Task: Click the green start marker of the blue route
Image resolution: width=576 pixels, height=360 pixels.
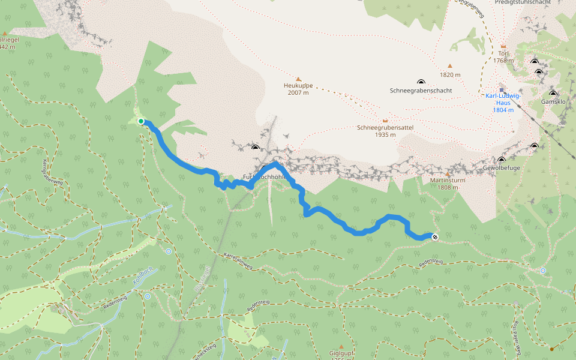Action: point(141,121)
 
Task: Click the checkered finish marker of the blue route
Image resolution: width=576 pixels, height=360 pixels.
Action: point(434,237)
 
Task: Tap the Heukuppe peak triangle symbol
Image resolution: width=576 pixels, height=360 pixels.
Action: point(298,79)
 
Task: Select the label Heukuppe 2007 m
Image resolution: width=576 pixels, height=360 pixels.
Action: point(298,89)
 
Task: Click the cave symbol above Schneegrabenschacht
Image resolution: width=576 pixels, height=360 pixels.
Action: point(420,82)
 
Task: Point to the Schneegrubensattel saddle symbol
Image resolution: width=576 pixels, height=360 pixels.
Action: point(385,121)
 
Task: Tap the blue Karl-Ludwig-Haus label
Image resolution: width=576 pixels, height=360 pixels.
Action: point(503,103)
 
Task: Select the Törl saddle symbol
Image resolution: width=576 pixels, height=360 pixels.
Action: point(503,47)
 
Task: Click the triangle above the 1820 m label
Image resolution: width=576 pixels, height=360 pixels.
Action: point(449,67)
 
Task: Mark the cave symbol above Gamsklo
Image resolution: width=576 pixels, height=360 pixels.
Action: point(553,94)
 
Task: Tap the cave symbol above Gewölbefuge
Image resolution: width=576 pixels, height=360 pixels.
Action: point(502,160)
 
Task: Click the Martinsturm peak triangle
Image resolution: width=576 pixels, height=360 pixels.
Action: point(448,174)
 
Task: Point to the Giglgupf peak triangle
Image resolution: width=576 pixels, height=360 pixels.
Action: point(341,347)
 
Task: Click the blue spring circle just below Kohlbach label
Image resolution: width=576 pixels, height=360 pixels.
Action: point(148,296)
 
